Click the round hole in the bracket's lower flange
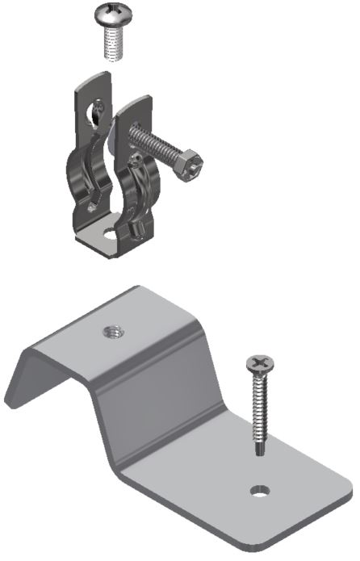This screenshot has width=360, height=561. (260, 490)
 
